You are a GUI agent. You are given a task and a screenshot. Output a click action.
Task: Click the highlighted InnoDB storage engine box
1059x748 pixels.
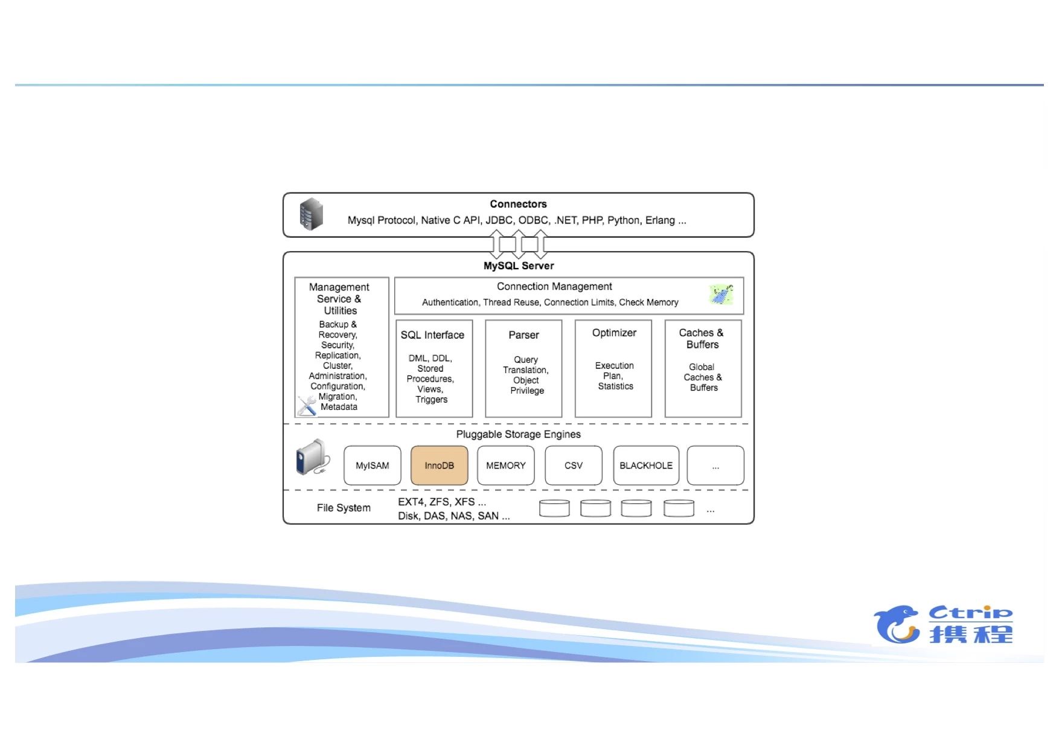(x=439, y=465)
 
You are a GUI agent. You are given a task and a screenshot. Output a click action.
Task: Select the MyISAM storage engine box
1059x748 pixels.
(x=372, y=465)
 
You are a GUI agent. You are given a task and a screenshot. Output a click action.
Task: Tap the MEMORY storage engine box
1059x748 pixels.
(x=505, y=465)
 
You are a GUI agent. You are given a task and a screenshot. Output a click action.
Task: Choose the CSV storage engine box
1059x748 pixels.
(x=573, y=465)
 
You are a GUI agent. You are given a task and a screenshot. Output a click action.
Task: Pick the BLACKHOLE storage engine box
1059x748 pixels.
(x=645, y=465)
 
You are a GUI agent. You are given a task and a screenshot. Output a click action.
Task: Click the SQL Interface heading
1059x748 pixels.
(x=432, y=335)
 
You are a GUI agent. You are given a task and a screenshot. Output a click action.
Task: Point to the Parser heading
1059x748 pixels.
(x=523, y=335)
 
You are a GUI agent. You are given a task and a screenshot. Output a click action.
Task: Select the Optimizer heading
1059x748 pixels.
(x=614, y=333)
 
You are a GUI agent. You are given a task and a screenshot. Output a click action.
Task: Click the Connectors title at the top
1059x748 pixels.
(x=518, y=204)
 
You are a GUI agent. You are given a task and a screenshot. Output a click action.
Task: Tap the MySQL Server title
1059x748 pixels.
(x=518, y=266)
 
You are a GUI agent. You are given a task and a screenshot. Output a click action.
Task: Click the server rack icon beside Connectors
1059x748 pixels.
(x=312, y=214)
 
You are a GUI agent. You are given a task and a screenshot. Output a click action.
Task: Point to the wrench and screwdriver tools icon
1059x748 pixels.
(x=307, y=405)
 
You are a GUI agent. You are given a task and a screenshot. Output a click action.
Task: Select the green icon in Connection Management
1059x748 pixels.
(x=721, y=295)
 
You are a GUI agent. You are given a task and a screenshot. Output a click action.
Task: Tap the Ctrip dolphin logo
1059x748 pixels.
(x=897, y=624)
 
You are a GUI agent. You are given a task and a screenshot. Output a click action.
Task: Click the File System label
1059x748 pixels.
(x=344, y=508)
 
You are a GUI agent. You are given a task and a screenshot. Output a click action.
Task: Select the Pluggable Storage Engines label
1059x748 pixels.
(x=518, y=434)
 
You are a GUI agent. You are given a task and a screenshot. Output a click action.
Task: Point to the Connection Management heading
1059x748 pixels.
(x=554, y=287)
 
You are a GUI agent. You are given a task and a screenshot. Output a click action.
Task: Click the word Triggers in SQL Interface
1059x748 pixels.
(x=431, y=400)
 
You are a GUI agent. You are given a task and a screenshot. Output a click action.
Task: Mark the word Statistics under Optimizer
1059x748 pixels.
(x=615, y=386)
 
